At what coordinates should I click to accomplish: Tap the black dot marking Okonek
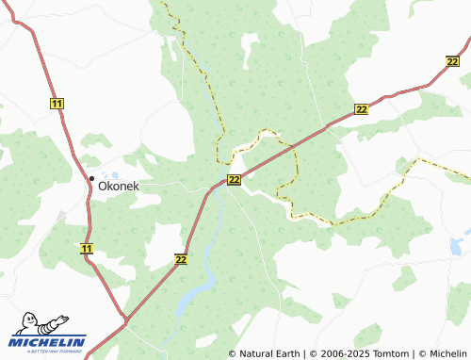pos(91,178)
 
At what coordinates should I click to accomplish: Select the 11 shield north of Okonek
pos(57,103)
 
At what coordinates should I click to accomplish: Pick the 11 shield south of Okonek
pos(87,249)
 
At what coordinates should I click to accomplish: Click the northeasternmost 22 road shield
pos(451,61)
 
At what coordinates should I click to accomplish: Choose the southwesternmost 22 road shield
pos(181,258)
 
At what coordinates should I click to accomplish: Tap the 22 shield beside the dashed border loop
pos(234,179)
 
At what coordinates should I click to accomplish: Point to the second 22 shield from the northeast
pos(362,110)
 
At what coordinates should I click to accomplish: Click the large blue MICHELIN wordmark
pos(48,341)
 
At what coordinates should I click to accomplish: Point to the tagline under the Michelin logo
pos(48,352)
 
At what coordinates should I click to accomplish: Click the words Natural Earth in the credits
pos(269,353)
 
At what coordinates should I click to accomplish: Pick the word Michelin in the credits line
pos(447,353)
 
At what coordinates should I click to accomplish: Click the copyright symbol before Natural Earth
pos(233,353)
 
